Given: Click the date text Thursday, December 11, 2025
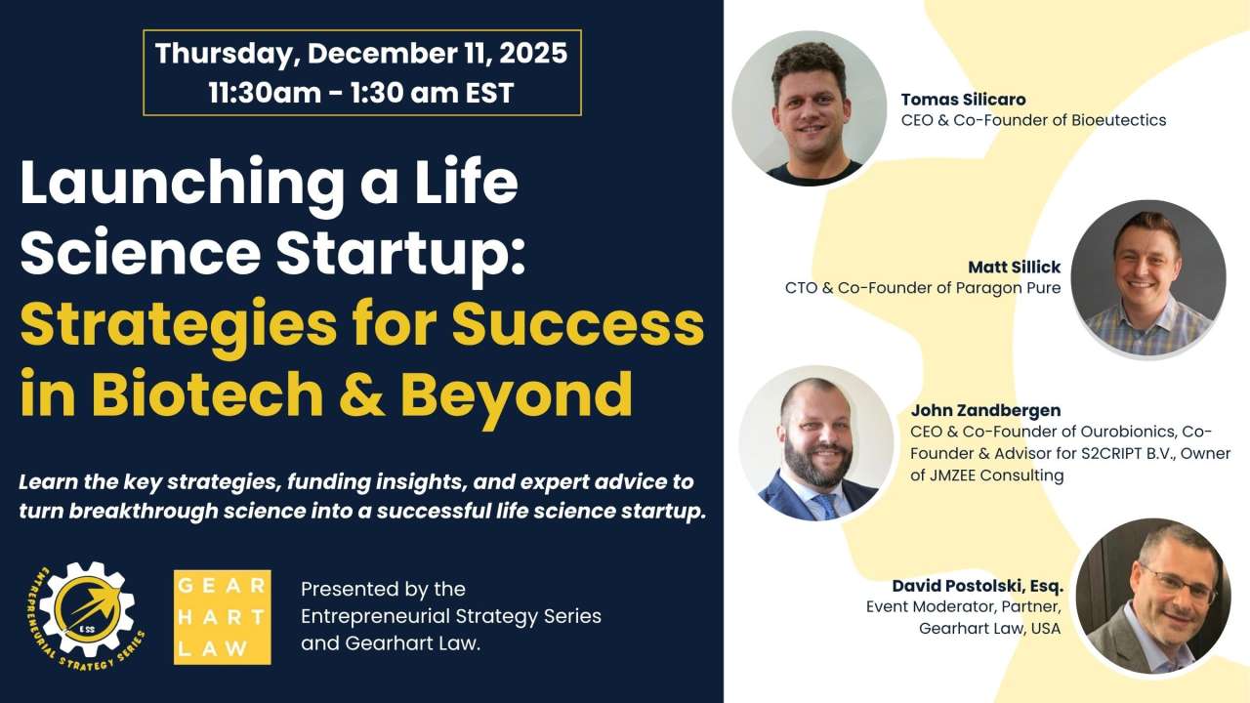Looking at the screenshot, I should (x=361, y=54).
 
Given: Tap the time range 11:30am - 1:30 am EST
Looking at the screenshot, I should (x=361, y=93).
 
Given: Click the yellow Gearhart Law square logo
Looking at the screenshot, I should (x=222, y=617).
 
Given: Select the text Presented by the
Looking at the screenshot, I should (x=383, y=589).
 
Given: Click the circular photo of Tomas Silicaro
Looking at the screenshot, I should (x=809, y=107).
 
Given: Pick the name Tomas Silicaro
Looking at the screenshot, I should (x=963, y=100).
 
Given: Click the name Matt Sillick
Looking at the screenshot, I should (x=1014, y=267).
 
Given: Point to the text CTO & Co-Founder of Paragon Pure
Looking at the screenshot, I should (x=923, y=288).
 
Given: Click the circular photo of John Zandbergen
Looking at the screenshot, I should (x=816, y=443).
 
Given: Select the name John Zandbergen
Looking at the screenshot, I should (x=985, y=410).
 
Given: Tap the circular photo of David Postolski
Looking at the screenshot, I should (x=1152, y=596).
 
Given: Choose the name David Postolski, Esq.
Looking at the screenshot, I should (x=977, y=586).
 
